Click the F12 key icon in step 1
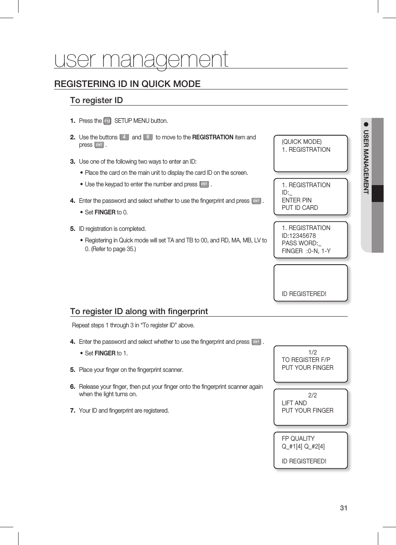(x=107, y=121)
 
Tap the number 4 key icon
(x=124, y=137)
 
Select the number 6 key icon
(x=148, y=137)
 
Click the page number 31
(x=344, y=508)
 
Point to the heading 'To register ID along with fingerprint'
(x=139, y=311)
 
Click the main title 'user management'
(x=141, y=59)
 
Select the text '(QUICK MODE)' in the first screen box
(x=302, y=142)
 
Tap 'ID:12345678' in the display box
(x=299, y=236)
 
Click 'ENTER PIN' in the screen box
(x=297, y=200)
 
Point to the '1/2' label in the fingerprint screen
(x=313, y=352)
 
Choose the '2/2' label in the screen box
(x=313, y=395)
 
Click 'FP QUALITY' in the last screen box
(x=298, y=439)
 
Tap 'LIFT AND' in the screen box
(x=294, y=403)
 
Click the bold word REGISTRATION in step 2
(x=213, y=137)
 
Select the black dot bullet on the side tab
(x=366, y=124)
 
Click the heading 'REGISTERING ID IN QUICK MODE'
(x=127, y=84)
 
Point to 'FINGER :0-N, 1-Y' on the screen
(x=306, y=251)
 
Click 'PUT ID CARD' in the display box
(x=300, y=208)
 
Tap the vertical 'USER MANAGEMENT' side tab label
(x=366, y=162)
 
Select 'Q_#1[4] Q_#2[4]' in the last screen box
(x=303, y=446)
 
